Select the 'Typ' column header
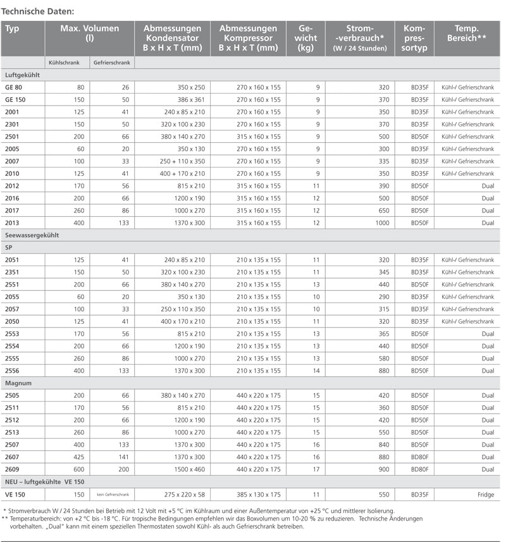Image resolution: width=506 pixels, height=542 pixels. pos(12,28)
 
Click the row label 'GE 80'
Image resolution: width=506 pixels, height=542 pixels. pos(13,87)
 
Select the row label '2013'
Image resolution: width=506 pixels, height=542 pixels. pos(12,223)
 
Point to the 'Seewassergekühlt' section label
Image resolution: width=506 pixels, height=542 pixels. pos(32,235)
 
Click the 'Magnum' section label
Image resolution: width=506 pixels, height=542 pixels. pos(18,383)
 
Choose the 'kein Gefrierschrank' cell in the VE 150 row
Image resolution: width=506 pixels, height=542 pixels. pos(113,495)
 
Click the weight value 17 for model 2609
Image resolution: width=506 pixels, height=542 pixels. pos(316,469)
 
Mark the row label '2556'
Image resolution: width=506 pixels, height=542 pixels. pos(12,371)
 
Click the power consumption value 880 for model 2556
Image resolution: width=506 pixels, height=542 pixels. pos(383,371)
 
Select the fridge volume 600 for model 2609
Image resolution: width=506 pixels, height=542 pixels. pos(78,469)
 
